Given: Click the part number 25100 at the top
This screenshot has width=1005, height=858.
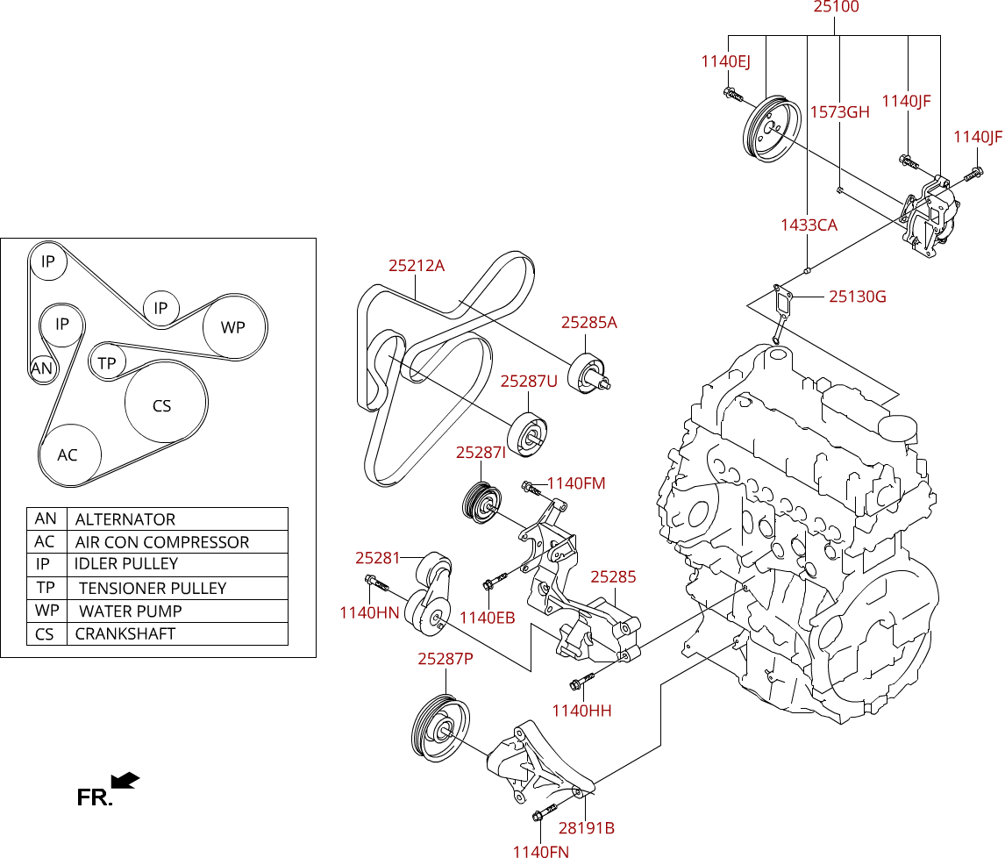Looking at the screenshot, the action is tap(836, 7).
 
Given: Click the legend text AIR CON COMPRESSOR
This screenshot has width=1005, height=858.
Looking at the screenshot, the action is tap(161, 542).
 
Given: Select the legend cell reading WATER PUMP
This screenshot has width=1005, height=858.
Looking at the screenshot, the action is tap(131, 611).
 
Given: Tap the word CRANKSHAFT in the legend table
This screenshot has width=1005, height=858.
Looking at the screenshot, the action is tap(125, 633).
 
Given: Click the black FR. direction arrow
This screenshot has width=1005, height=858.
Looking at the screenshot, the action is tap(125, 781).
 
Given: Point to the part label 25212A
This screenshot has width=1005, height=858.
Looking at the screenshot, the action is tap(417, 266).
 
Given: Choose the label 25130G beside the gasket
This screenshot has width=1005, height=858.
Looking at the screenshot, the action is tap(858, 297).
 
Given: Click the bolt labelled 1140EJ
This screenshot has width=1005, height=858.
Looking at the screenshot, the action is tap(732, 95).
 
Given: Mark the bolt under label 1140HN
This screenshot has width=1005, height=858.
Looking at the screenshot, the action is tap(377, 583).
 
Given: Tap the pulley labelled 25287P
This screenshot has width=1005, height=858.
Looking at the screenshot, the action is tap(439, 728).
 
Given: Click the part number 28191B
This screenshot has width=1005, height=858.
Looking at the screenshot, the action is tap(587, 828).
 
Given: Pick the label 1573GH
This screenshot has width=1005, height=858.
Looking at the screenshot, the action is tap(839, 112).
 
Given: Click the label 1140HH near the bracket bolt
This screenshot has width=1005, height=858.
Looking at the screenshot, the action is tap(582, 711).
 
